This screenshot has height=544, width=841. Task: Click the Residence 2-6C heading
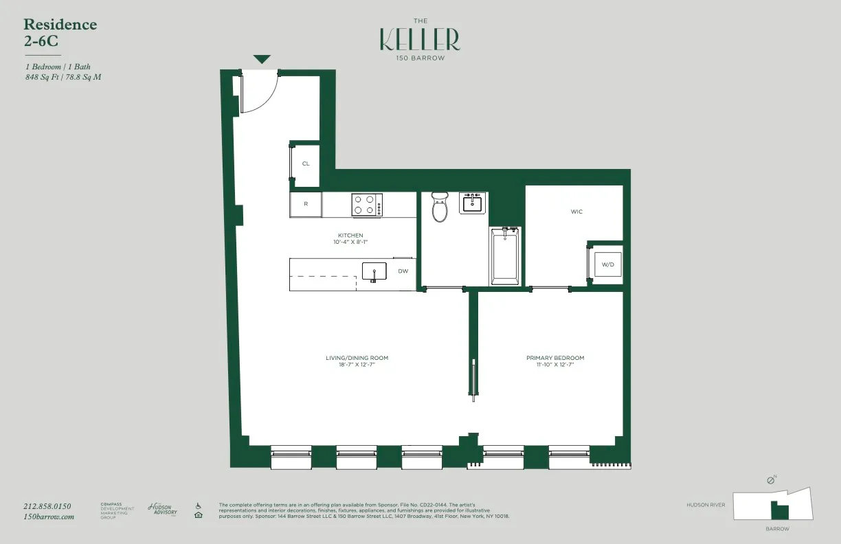pyautogui.click(x=60, y=32)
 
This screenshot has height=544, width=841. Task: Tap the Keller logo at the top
pyautogui.click(x=420, y=40)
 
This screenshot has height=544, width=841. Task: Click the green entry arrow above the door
pyautogui.click(x=262, y=60)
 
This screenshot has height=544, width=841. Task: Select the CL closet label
pyautogui.click(x=306, y=163)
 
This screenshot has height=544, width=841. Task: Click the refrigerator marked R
pyautogui.click(x=306, y=204)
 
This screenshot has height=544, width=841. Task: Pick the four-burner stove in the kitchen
pyautogui.click(x=367, y=205)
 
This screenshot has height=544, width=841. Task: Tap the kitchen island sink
pyautogui.click(x=374, y=271)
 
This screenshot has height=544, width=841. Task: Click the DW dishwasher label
pyautogui.click(x=403, y=271)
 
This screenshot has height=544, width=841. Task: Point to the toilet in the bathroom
pyautogui.click(x=440, y=205)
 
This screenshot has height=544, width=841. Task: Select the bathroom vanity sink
pyautogui.click(x=473, y=203)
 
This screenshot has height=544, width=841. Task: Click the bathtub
pyautogui.click(x=505, y=256)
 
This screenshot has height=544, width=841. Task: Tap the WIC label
pyautogui.click(x=576, y=212)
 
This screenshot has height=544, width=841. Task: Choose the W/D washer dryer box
pyautogui.click(x=607, y=264)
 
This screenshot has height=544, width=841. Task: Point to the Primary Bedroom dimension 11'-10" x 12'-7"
pyautogui.click(x=555, y=365)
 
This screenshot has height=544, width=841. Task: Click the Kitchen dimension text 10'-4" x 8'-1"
pyautogui.click(x=350, y=242)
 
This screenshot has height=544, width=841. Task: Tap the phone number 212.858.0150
pyautogui.click(x=47, y=506)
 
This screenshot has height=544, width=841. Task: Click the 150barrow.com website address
pyautogui.click(x=48, y=517)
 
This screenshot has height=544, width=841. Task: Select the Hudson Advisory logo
pyautogui.click(x=163, y=509)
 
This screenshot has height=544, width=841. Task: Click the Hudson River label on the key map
pyautogui.click(x=706, y=505)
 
